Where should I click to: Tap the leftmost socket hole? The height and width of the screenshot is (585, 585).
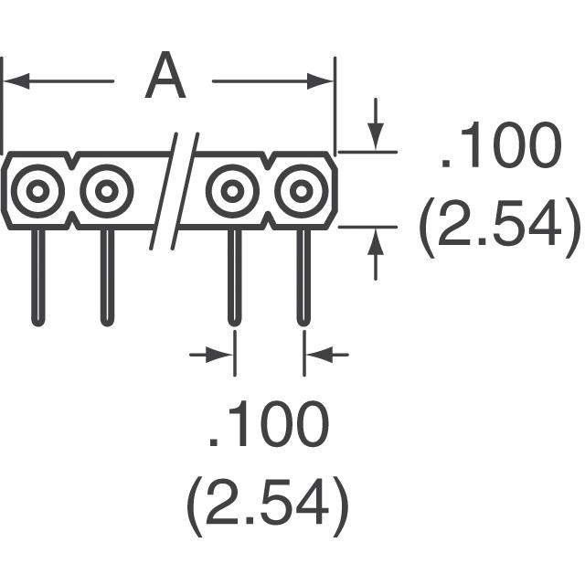(x=37, y=191)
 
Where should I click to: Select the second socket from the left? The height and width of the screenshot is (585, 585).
(x=106, y=191)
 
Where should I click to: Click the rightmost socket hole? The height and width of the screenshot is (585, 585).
(x=302, y=191)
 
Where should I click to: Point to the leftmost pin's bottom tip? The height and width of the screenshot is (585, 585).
(x=37, y=320)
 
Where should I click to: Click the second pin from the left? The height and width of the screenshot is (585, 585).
(x=107, y=274)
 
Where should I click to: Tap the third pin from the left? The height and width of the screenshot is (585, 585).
(x=233, y=274)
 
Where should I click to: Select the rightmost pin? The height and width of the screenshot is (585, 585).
(x=303, y=274)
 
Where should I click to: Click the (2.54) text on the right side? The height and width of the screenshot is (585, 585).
(x=498, y=227)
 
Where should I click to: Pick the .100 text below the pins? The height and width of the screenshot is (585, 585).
(x=268, y=426)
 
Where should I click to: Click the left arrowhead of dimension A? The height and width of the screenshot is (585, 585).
(x=13, y=81)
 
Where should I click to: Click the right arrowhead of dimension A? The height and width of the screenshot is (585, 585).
(x=324, y=81)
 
